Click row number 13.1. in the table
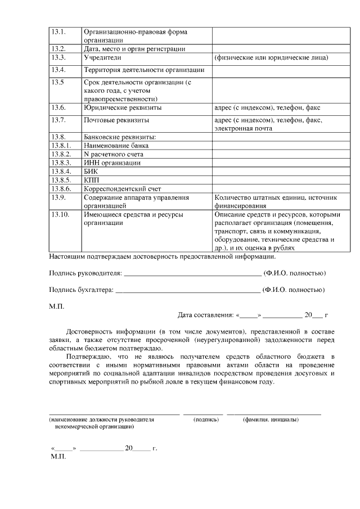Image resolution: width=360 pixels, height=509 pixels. click(x=58, y=32)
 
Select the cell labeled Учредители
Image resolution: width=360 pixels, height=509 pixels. click(x=101, y=57)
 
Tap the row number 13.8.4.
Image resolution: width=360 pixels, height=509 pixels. click(x=60, y=171)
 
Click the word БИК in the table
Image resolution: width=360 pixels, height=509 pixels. click(x=91, y=171)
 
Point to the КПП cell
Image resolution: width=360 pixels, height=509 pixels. click(x=92, y=180)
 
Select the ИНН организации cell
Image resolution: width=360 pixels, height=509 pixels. click(x=111, y=163)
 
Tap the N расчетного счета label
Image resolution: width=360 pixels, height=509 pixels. click(x=113, y=154)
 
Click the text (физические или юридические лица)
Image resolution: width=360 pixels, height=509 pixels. click(x=271, y=58)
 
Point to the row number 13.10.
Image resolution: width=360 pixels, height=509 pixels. click(x=60, y=214)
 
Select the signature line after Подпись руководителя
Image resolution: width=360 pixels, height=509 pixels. click(x=192, y=274)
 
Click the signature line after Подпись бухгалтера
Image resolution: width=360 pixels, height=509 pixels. click(x=188, y=291)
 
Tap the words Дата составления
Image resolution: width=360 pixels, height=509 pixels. click(x=205, y=316)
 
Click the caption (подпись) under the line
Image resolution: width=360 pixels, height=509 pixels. click(x=206, y=420)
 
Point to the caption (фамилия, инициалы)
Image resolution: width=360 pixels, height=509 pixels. click(x=271, y=420)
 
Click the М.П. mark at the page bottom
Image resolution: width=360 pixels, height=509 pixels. click(x=58, y=458)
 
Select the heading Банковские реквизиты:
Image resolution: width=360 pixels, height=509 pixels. click(x=119, y=137)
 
